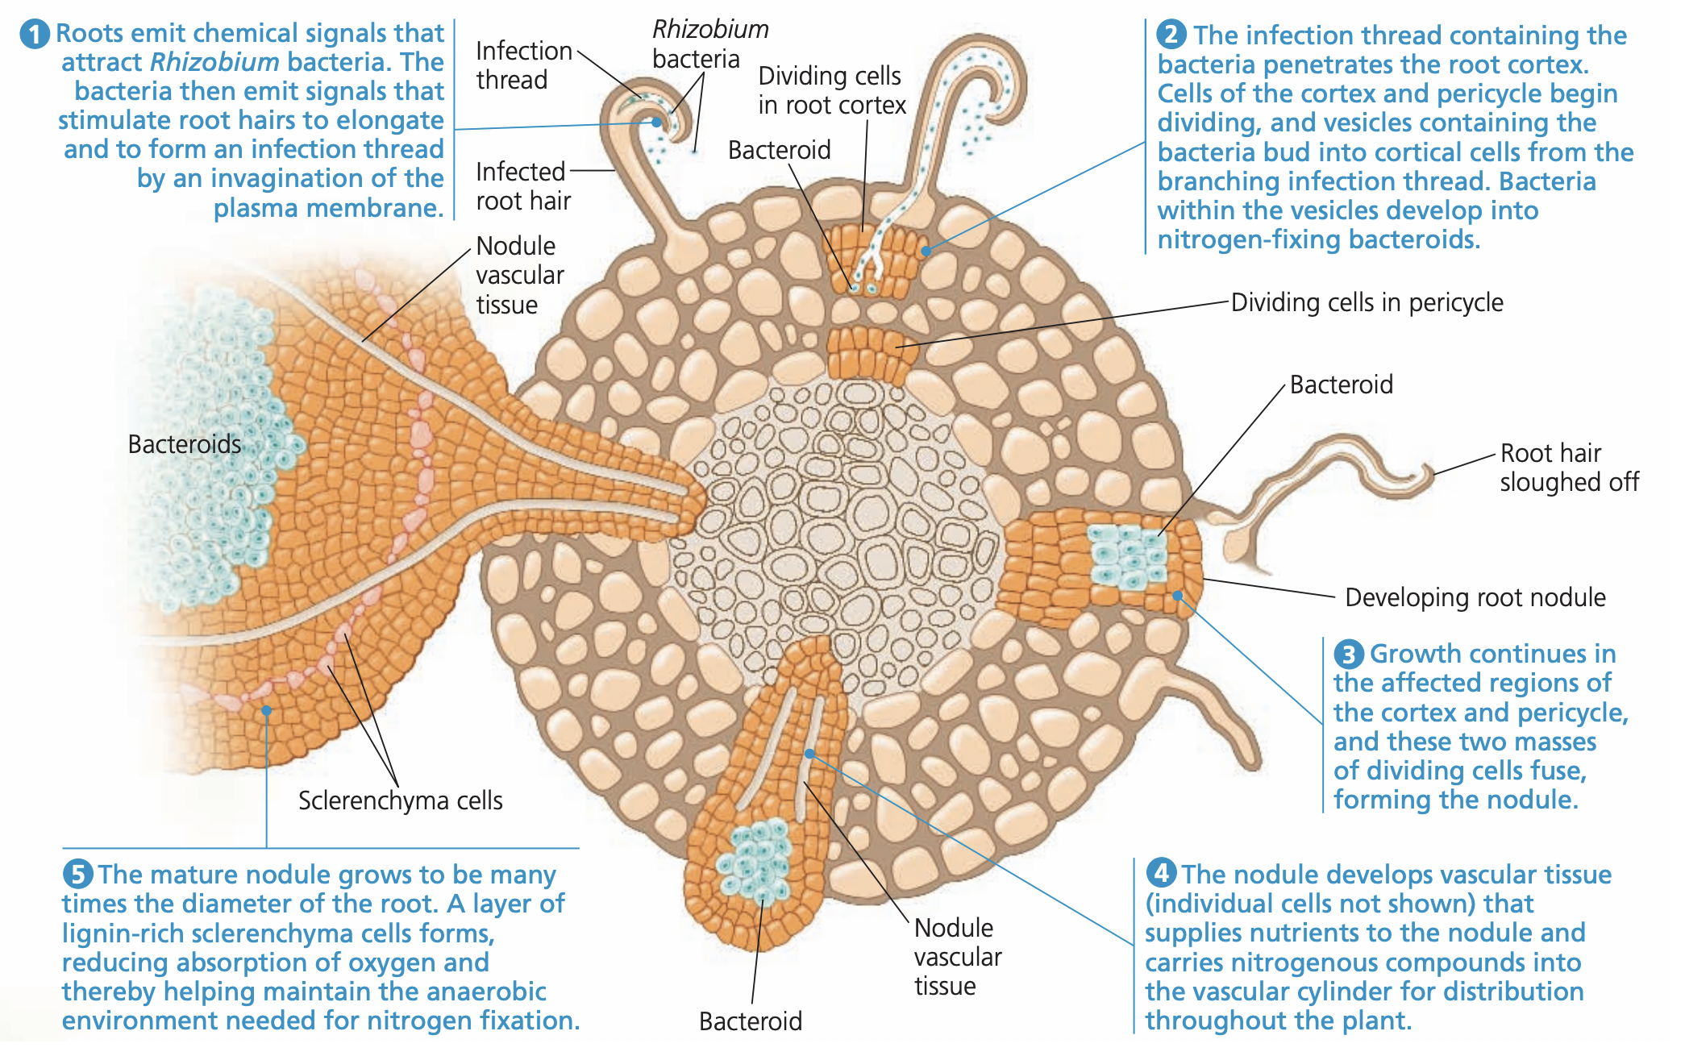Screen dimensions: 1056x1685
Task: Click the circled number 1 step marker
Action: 35,35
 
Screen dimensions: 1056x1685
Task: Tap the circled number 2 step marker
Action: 1171,35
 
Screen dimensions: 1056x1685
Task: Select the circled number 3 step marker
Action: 1348,654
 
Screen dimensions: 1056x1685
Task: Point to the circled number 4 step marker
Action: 1161,873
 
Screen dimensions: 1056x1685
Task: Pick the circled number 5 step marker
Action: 77,874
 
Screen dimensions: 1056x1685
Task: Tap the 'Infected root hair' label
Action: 522,186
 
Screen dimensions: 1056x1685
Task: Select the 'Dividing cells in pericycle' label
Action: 1367,302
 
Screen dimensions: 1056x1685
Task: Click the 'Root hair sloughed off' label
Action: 1568,468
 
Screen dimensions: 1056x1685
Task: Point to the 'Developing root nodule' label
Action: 1475,597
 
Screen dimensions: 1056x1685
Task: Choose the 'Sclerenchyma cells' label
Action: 400,800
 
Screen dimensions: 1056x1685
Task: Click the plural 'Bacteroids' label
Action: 184,444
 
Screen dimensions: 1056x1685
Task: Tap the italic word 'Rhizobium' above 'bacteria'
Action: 709,30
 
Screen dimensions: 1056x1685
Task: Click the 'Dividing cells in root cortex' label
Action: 831,90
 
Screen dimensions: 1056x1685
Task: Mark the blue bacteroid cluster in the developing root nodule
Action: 1128,555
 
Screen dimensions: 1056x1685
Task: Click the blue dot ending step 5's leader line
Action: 266,710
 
